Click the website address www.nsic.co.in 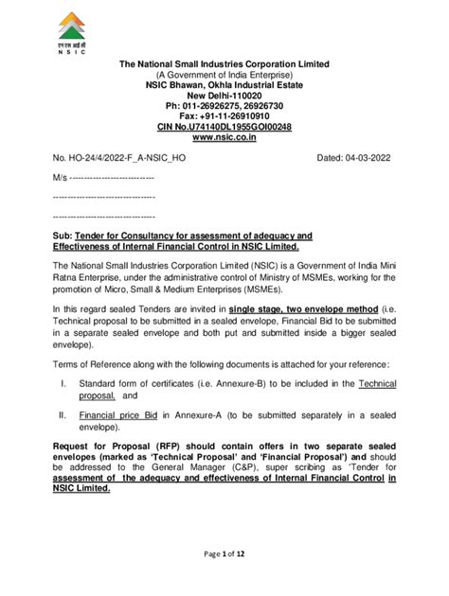click(224, 137)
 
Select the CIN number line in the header click(224, 127)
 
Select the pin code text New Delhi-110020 click(224, 96)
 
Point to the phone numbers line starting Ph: click(224, 106)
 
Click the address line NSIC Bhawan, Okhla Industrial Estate click(224, 85)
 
